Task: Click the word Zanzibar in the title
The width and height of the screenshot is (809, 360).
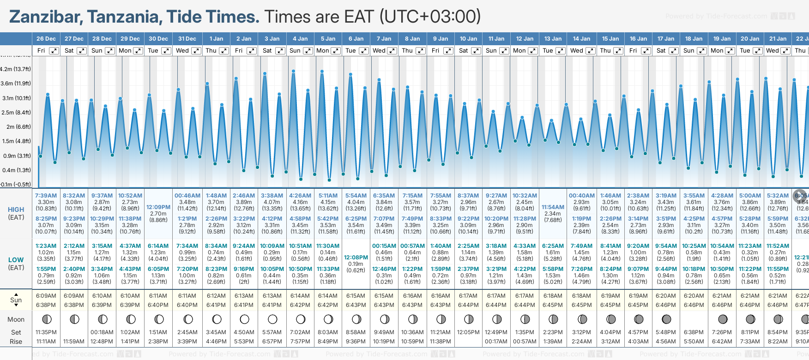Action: pos(45,17)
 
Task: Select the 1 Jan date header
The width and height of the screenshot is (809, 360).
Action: pos(216,39)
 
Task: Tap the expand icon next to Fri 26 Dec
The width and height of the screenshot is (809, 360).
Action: pos(54,51)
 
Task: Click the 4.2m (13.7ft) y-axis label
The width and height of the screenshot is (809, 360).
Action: pos(16,69)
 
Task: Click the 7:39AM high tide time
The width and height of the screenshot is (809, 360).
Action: pos(46,196)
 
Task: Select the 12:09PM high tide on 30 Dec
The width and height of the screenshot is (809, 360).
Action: pos(158,207)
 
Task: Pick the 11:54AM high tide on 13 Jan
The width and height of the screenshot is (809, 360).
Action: pos(553,207)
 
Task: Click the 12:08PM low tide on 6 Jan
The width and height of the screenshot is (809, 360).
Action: pos(356,258)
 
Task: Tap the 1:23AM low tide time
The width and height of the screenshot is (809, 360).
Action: pos(46,246)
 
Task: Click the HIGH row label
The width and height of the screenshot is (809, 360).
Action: pos(16,210)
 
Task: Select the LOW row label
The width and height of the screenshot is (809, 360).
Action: pos(16,260)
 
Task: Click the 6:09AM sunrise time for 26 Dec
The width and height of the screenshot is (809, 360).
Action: pos(46,296)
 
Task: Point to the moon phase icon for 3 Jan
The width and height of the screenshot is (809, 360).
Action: pos(272,319)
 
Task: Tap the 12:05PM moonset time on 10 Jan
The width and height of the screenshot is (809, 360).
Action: pos(468,332)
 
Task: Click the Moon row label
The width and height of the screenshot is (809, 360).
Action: pos(16,319)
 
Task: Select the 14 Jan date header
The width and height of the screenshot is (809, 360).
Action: pos(581,39)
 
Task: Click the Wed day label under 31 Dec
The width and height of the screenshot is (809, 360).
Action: pos(182,51)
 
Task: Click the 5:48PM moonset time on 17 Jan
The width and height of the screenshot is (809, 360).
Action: pos(666,332)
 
